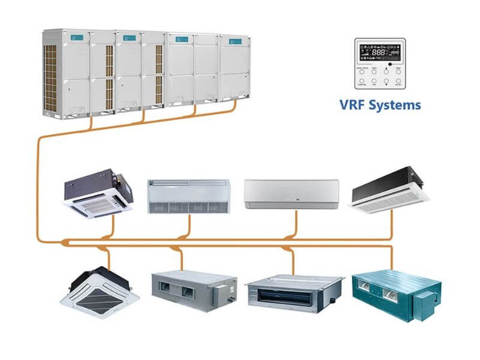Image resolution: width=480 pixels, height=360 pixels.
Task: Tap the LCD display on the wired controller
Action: tap(379, 53)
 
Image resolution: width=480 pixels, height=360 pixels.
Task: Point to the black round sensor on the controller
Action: tap(390, 63)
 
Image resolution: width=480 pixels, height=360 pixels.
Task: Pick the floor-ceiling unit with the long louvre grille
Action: tap(188, 196)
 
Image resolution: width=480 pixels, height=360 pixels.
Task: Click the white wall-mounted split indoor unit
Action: tap(291, 194)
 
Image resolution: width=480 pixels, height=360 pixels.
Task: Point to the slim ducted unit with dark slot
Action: tap(295, 291)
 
